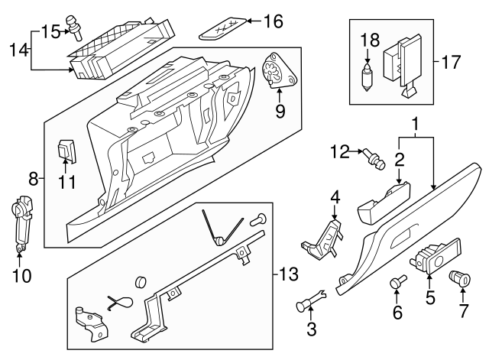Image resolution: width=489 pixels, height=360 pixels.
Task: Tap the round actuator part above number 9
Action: (x=275, y=71)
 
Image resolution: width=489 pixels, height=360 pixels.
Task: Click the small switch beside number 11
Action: (x=68, y=150)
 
